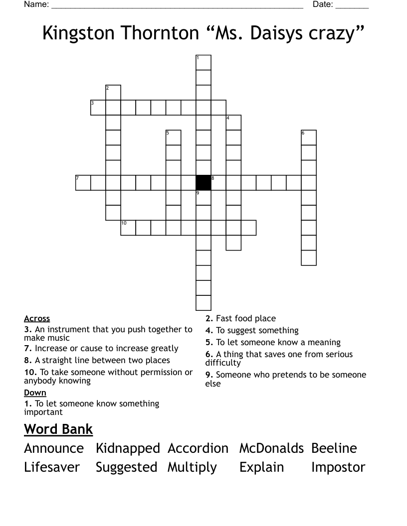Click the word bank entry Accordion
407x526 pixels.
pyautogui.click(x=198, y=448)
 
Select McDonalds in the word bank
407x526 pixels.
pyautogui.click(x=271, y=448)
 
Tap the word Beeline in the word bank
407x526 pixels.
pyautogui.click(x=334, y=448)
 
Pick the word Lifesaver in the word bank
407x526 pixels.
pyautogui.click(x=52, y=467)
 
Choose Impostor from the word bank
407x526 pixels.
pyautogui.click(x=338, y=467)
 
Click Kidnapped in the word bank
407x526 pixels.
pyautogui.click(x=128, y=448)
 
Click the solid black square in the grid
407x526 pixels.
pyautogui.click(x=203, y=182)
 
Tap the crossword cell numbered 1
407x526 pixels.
pyautogui.click(x=203, y=63)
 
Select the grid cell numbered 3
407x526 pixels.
pyautogui.click(x=98, y=108)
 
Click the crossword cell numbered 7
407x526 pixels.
pyautogui.click(x=83, y=182)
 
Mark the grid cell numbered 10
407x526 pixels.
pyautogui.click(x=128, y=228)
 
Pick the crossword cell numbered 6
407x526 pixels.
pyautogui.click(x=309, y=137)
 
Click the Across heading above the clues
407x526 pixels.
pyautogui.click(x=37, y=318)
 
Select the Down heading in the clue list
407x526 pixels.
pyautogui.click(x=35, y=393)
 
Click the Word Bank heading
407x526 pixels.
pyautogui.click(x=58, y=429)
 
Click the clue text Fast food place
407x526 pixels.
pyautogui.click(x=245, y=318)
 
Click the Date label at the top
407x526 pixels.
pyautogui.click(x=323, y=4)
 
